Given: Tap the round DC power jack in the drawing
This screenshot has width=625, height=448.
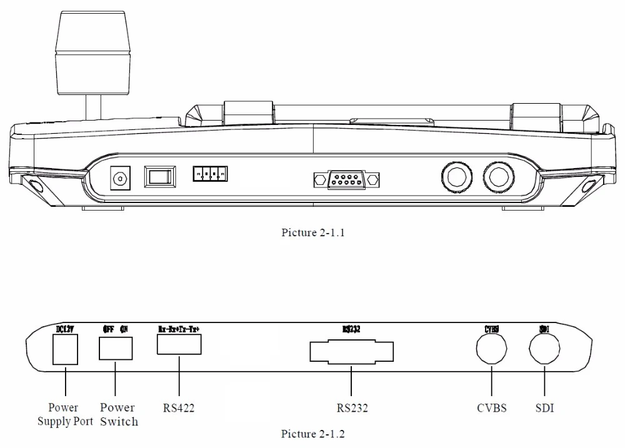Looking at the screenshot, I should (x=119, y=179).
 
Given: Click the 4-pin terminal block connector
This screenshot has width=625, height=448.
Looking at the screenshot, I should (x=210, y=174).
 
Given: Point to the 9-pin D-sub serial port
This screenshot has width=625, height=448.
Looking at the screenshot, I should (x=346, y=181).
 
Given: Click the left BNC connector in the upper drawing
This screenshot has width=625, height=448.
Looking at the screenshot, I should (x=452, y=177).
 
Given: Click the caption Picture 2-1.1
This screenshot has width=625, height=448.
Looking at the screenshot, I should (x=312, y=233).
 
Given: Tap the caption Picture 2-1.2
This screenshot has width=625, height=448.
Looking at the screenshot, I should (x=312, y=434).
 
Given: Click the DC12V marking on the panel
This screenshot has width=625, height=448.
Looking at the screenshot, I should (x=66, y=329).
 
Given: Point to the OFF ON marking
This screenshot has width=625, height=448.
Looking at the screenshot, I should (x=116, y=329).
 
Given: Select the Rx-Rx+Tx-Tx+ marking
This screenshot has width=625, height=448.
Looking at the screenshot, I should (x=179, y=329).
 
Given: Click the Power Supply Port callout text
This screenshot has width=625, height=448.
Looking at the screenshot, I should (x=65, y=415).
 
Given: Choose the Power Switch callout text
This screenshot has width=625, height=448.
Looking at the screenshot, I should (x=118, y=415).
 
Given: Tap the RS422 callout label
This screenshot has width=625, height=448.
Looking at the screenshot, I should (x=179, y=409).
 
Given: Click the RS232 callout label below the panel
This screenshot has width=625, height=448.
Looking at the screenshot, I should (x=351, y=409).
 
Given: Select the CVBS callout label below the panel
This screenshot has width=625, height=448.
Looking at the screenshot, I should (x=491, y=409).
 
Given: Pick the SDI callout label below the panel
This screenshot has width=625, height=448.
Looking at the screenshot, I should (x=544, y=409).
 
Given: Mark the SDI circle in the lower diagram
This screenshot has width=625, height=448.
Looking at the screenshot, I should (x=544, y=347).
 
